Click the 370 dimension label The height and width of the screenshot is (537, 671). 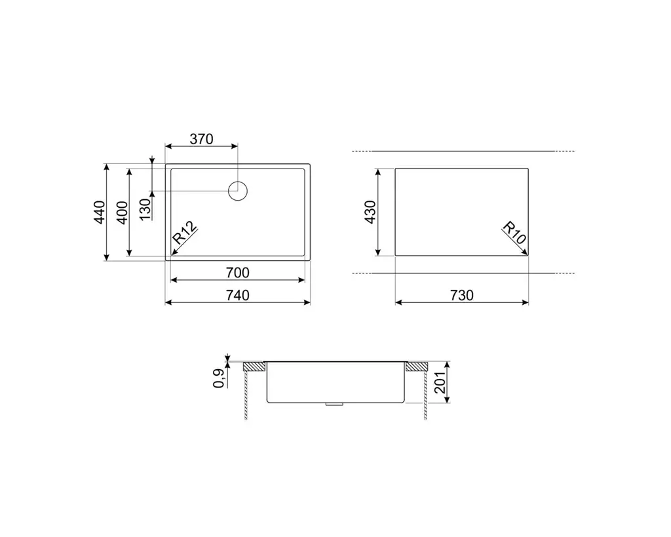(x=201, y=139)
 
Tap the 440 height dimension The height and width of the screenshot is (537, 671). (x=100, y=212)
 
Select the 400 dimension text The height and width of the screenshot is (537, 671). (x=123, y=212)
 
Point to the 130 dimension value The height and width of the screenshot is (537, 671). (x=145, y=209)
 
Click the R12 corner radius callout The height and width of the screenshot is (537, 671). (x=185, y=233)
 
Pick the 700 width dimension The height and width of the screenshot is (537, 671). (x=237, y=272)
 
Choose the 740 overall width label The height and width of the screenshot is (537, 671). (x=237, y=295)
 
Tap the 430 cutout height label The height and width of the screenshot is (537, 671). (x=370, y=212)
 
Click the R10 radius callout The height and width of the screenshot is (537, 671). (x=514, y=233)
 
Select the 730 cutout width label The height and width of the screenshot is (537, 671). (x=462, y=295)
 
